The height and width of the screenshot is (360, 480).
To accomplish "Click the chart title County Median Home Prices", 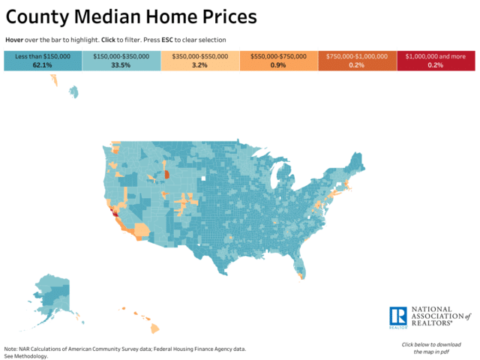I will pos(131,16).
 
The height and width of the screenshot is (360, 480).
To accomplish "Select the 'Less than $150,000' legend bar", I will pos(43,61).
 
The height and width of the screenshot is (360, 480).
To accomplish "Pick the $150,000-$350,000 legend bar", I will pos(121,61).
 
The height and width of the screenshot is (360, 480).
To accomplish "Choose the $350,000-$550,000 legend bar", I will pos(200,61).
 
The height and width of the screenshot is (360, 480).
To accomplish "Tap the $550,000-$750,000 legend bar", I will pos(278,61).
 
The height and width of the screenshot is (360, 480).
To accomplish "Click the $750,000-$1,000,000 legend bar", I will pos(356,61).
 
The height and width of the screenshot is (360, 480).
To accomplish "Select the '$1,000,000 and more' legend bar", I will pos(435,61).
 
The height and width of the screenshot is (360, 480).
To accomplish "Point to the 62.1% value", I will pos(43,65).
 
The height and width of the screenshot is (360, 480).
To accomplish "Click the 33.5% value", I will pos(121,65).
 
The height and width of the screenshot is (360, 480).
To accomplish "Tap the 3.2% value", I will pos(200,65).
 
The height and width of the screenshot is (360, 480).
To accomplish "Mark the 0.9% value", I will pos(278,65).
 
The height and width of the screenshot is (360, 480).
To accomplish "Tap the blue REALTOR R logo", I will pos(397,317).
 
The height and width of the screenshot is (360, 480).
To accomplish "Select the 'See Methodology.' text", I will pos(26,356).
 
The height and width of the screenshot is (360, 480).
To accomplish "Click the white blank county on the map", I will pos(203,178).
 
